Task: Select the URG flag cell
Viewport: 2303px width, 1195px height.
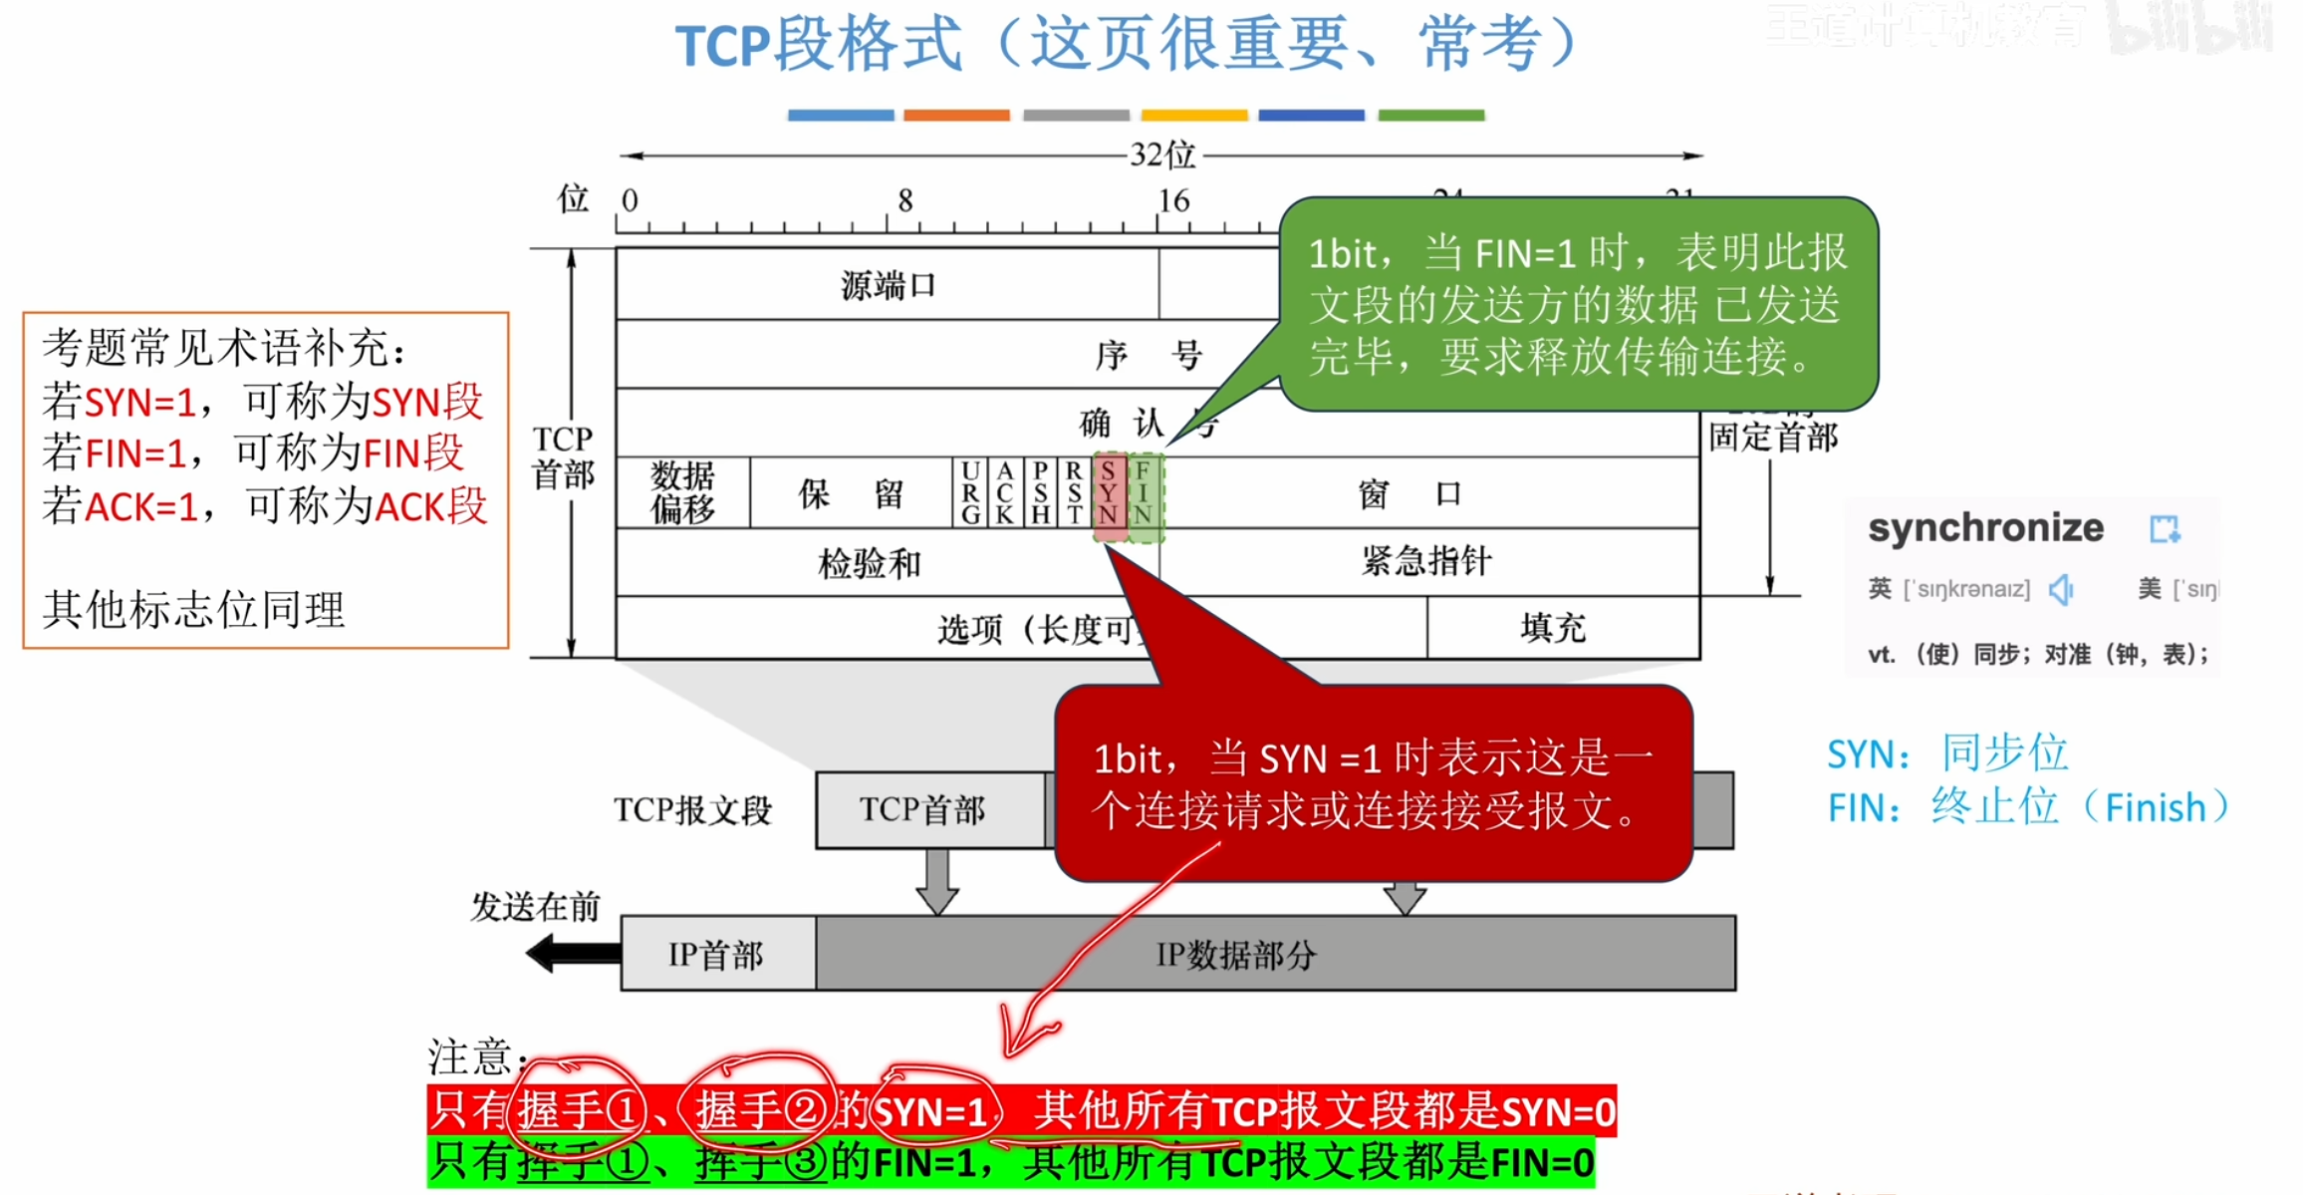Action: point(970,492)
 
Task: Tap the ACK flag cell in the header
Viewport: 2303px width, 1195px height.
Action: point(1005,492)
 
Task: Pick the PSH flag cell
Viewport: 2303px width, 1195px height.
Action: point(1040,492)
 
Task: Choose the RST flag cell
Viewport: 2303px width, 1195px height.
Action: point(1074,492)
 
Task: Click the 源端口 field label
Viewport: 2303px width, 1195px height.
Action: point(888,286)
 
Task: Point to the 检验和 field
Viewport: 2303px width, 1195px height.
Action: point(869,564)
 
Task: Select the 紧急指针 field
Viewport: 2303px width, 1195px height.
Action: point(1426,562)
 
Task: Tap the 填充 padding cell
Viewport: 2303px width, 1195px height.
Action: point(1553,628)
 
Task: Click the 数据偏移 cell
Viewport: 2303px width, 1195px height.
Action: point(683,492)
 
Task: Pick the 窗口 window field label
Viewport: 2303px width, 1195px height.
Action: point(1409,493)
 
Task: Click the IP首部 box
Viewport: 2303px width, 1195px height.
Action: point(716,954)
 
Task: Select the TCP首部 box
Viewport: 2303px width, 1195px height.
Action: point(922,809)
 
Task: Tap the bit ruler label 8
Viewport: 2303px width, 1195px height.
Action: point(904,201)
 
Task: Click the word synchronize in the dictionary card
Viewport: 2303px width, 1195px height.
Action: point(1985,527)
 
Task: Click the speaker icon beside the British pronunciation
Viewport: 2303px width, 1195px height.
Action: point(2061,589)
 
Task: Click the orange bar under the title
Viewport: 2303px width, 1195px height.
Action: point(956,116)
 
